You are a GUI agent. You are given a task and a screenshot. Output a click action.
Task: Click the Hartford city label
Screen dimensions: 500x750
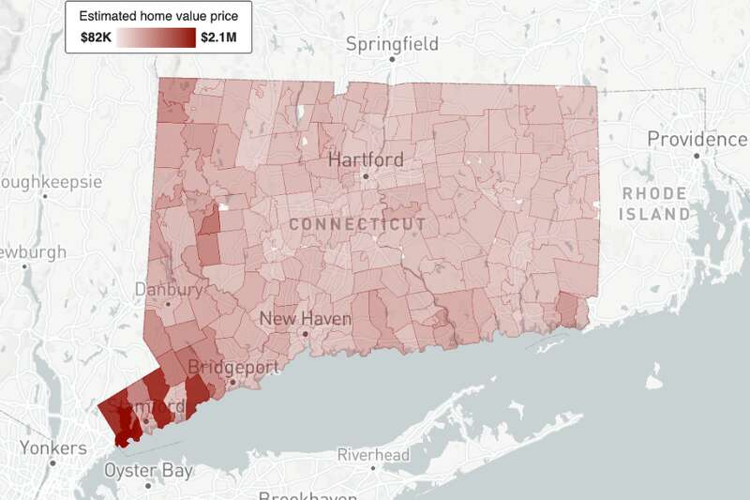coord(366,159)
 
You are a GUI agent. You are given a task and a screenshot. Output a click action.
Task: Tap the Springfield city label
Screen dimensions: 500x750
coord(392,44)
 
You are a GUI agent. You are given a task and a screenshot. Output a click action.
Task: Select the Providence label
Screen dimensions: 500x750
coord(697,139)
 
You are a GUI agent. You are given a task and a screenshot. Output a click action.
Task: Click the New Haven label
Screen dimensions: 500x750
coord(305,319)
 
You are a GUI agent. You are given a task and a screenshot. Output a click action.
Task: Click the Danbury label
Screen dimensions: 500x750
coord(168,289)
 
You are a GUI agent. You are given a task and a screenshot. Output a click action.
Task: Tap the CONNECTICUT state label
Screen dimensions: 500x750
coord(357,224)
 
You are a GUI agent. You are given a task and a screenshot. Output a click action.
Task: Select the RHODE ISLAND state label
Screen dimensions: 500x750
coord(655,204)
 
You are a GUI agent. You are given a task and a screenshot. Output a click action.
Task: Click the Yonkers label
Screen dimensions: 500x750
coord(52,447)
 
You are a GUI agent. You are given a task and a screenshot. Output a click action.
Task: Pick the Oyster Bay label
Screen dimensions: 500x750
coord(148,469)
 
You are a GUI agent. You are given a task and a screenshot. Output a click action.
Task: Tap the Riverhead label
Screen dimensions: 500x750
coord(373,455)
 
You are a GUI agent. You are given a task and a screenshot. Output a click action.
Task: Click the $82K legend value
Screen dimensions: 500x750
coord(97,38)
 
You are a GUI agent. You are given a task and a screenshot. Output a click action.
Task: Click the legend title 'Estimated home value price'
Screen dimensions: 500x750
coord(157,16)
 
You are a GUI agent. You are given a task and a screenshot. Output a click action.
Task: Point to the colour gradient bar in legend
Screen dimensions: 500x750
coord(157,38)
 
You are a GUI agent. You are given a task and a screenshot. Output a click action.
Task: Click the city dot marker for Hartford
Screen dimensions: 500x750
coord(367,175)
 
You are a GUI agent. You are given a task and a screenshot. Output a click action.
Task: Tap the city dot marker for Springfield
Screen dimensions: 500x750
coord(393,59)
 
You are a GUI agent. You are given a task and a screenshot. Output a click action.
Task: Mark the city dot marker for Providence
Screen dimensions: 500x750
coord(697,155)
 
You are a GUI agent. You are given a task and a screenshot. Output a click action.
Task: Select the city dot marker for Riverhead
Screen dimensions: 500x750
coord(373,467)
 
